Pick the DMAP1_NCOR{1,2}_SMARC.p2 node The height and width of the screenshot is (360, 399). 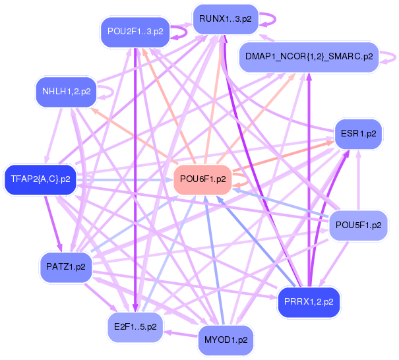click(x=309, y=56)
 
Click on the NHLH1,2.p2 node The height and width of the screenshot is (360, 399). click(x=66, y=92)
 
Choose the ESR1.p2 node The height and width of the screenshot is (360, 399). click(x=358, y=134)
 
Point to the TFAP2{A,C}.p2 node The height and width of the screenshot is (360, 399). click(x=40, y=178)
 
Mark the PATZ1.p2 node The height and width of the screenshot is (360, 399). click(x=65, y=267)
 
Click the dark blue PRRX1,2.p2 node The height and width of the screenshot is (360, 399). click(x=309, y=302)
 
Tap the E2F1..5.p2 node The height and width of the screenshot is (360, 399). click(x=135, y=326)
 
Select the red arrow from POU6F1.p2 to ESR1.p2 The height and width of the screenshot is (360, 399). click(x=284, y=153)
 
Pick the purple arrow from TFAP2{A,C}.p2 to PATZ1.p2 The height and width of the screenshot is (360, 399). click(x=52, y=220)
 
